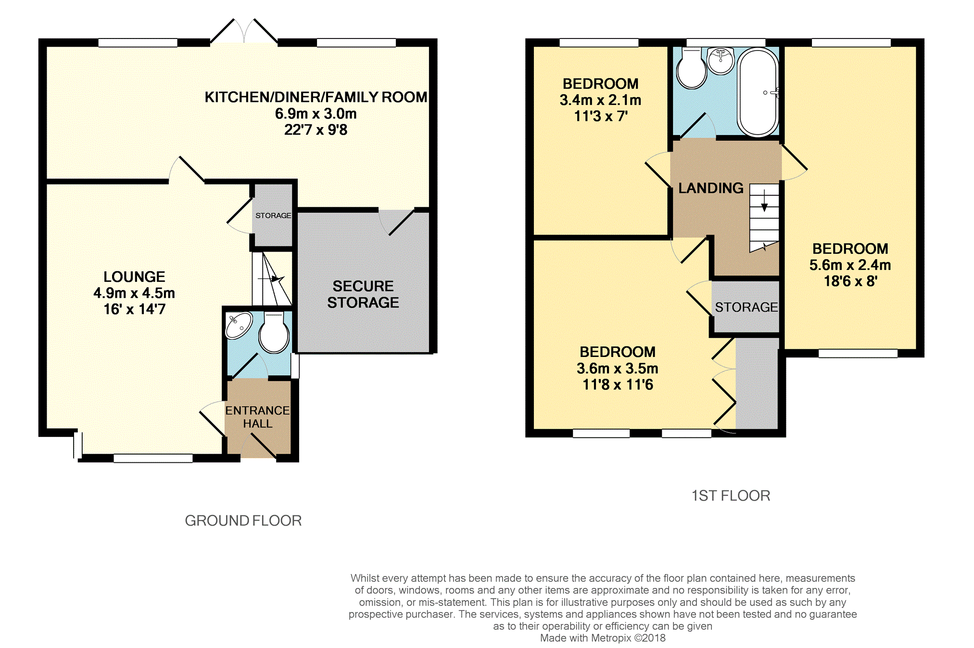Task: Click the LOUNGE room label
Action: [134, 277]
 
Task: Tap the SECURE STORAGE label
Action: [363, 294]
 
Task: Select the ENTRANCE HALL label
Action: [257, 417]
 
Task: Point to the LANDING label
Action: [710, 188]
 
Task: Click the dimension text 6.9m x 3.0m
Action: [316, 114]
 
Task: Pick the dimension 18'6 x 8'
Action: [850, 281]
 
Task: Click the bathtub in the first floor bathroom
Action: [758, 92]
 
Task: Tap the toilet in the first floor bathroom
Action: [691, 68]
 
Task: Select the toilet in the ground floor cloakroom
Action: [274, 332]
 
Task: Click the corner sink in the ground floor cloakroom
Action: [239, 325]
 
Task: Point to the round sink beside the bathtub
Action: [721, 61]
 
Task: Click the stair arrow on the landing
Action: [764, 201]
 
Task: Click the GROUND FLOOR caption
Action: [243, 521]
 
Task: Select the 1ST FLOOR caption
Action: [731, 496]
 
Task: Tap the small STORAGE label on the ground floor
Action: [273, 216]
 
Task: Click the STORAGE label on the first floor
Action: [746, 307]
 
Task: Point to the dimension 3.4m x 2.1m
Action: [600, 100]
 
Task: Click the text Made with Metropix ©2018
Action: [603, 638]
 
